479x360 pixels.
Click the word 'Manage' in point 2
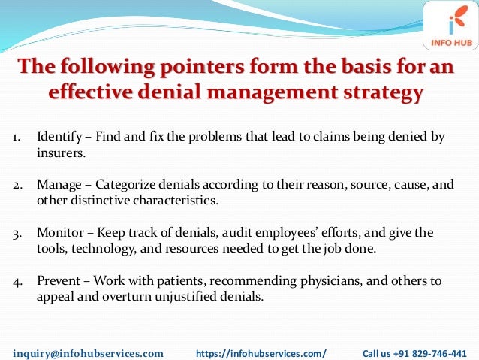tap(58, 184)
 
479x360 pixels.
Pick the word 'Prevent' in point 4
tap(58, 280)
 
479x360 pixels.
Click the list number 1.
tap(15, 138)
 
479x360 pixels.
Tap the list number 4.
tap(16, 280)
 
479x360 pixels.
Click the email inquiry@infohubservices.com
tap(89, 352)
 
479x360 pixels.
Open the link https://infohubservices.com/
tap(261, 352)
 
